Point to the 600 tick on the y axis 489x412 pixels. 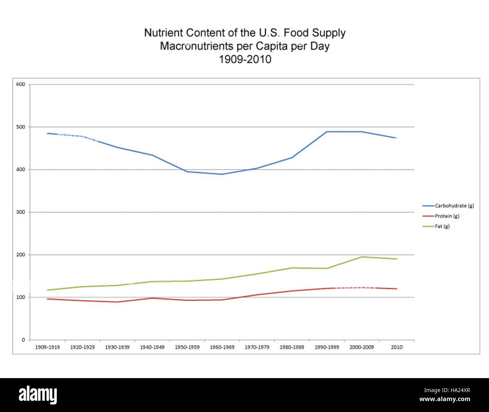(21, 84)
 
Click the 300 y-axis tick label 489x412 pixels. (21, 212)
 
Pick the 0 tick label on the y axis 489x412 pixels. (23, 340)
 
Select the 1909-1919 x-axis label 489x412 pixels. (47, 347)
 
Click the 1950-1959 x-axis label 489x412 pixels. (187, 347)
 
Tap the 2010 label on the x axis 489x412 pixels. (396, 347)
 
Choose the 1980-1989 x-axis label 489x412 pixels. (292, 347)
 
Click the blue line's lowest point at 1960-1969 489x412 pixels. (222, 174)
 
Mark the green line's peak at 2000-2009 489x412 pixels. (361, 257)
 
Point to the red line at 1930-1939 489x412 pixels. (117, 302)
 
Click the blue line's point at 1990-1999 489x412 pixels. (327, 132)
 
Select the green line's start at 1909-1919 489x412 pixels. (47, 290)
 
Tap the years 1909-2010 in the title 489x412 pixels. (245, 59)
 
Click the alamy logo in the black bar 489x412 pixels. (38, 395)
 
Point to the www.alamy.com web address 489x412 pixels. (445, 399)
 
